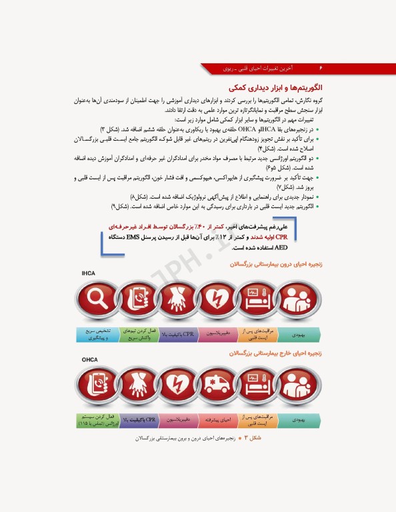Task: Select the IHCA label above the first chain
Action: (89, 274)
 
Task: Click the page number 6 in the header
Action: (321, 68)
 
